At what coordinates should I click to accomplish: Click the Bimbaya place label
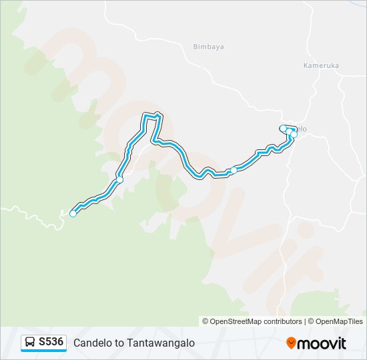pos(208,47)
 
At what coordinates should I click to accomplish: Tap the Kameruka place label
pos(321,66)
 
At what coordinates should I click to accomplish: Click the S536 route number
pos(51,342)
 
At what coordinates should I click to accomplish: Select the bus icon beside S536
pos(31,342)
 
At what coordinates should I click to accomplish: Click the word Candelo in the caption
pos(91,343)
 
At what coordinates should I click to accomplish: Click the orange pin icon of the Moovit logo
pos(292,343)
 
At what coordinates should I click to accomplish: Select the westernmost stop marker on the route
pos(73,213)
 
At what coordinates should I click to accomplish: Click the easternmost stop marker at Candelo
pos(294,135)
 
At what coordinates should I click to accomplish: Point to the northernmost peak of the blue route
pos(157,114)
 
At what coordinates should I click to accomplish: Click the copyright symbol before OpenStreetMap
pos(206,321)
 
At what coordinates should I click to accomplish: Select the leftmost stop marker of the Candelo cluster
pos(283,128)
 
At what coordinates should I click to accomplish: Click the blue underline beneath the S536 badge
pos(44,351)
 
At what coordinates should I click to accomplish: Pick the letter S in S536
pos(42,342)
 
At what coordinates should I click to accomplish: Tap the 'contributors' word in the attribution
pos(280,321)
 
